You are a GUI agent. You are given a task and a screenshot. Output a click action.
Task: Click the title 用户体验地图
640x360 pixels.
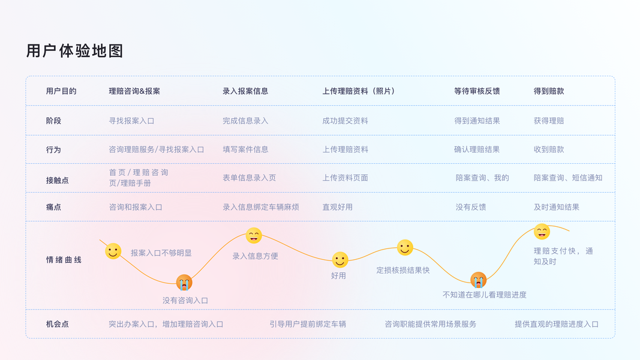(x=74, y=51)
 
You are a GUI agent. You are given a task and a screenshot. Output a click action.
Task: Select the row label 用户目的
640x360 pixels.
(x=61, y=91)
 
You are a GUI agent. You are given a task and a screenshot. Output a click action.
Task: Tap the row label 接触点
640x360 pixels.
(x=57, y=180)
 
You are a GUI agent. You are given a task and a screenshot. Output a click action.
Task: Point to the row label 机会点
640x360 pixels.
(x=57, y=324)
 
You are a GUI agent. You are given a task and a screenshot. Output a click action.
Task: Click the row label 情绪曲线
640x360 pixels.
(x=64, y=260)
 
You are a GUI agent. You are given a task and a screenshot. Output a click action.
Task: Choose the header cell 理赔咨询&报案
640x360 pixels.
(x=134, y=91)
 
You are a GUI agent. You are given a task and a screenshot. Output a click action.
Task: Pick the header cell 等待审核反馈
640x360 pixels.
(x=477, y=91)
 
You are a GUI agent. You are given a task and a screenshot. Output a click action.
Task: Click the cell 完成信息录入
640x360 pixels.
(x=245, y=121)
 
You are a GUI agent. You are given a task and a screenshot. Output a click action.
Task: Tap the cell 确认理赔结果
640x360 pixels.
(x=477, y=149)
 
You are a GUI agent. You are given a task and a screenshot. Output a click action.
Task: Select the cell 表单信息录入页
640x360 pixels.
(x=249, y=178)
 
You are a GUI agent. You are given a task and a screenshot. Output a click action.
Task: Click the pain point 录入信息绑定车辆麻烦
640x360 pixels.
(x=260, y=207)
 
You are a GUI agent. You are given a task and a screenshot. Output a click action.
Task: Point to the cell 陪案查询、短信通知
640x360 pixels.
(x=567, y=178)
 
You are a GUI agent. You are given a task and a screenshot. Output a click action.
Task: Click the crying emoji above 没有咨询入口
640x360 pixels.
(x=184, y=282)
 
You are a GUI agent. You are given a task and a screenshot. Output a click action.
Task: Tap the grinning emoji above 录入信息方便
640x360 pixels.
(x=254, y=236)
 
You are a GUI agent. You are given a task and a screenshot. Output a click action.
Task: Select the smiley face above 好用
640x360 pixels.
(x=340, y=260)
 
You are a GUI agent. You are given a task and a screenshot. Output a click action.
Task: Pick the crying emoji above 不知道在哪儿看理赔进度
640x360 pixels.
(x=478, y=280)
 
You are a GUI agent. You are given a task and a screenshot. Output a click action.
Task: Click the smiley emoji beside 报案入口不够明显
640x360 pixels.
(x=113, y=251)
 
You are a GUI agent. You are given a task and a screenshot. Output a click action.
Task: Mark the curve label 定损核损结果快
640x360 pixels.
(x=403, y=270)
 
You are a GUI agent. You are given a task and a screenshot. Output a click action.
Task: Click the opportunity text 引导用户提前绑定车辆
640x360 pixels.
(x=308, y=324)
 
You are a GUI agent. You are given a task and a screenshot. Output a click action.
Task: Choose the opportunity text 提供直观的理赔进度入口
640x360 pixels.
(x=556, y=324)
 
